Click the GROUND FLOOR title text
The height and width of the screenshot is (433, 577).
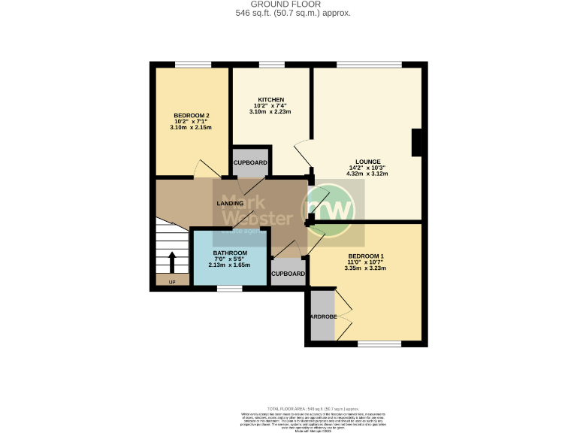(x=288, y=5)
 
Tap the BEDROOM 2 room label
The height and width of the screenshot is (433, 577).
(x=191, y=115)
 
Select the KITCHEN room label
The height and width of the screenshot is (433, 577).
(x=270, y=100)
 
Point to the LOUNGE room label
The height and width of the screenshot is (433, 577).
(x=368, y=162)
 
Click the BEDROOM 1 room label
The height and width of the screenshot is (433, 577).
(x=366, y=256)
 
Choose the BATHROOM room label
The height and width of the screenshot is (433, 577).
(x=230, y=253)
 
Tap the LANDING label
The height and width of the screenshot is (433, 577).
(x=230, y=204)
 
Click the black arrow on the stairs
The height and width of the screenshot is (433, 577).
(x=171, y=262)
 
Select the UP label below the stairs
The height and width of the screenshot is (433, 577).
(x=171, y=282)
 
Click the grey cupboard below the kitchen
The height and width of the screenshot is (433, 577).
(x=250, y=162)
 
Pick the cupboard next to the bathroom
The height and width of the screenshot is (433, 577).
(x=288, y=274)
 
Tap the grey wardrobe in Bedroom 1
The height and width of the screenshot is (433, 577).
(x=321, y=316)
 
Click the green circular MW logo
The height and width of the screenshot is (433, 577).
(x=328, y=208)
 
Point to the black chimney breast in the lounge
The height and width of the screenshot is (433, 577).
(x=418, y=143)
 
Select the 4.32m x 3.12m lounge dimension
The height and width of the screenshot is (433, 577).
(x=368, y=174)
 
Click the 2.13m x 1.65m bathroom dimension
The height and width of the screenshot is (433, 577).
(x=230, y=265)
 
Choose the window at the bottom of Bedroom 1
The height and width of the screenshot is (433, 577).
(x=379, y=344)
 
